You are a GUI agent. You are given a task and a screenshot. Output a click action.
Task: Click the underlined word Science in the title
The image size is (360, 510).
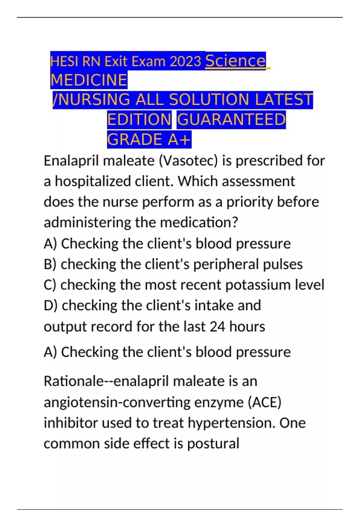click(235, 61)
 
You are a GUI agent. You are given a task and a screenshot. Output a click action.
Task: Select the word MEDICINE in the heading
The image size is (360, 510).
click(89, 80)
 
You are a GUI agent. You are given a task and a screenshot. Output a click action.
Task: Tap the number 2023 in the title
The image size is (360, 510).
click(185, 62)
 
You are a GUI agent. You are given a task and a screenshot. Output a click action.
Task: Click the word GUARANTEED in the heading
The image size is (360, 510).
click(231, 120)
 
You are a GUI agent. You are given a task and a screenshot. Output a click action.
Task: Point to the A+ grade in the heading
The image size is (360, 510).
click(179, 140)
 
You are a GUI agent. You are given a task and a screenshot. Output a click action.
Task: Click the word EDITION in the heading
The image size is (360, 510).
click(139, 120)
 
